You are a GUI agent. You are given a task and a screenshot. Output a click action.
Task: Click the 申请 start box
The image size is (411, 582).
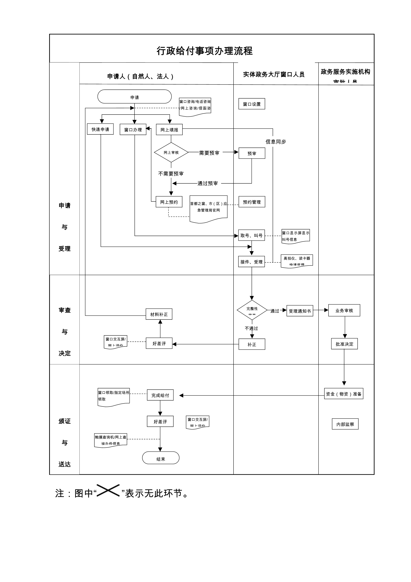click(x=134, y=97)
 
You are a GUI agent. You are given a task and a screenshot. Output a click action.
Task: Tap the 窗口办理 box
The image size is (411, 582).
click(x=133, y=130)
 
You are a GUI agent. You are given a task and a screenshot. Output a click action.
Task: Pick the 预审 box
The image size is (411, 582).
click(x=252, y=153)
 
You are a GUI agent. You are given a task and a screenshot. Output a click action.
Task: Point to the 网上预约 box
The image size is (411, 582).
click(x=169, y=202)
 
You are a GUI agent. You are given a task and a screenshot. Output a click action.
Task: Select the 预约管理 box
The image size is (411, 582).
click(x=252, y=202)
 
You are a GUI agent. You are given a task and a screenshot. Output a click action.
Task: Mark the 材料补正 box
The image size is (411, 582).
click(x=159, y=314)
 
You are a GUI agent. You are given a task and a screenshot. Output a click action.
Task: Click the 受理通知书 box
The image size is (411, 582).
click(x=300, y=311)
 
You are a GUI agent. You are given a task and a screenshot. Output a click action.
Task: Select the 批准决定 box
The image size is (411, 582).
click(x=344, y=344)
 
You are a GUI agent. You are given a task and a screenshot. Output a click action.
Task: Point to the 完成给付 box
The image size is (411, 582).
click(x=160, y=395)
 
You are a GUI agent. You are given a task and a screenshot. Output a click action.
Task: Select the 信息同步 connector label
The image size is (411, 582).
click(x=276, y=142)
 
